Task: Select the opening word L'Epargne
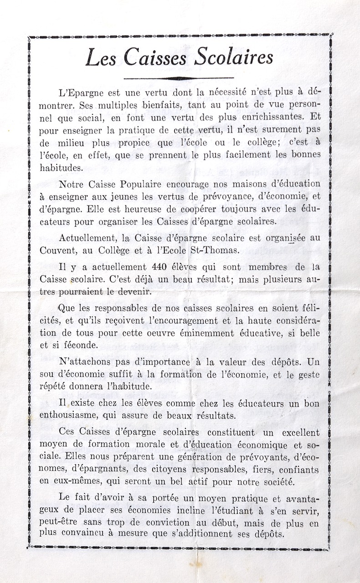pyautogui.click(x=80, y=92)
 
